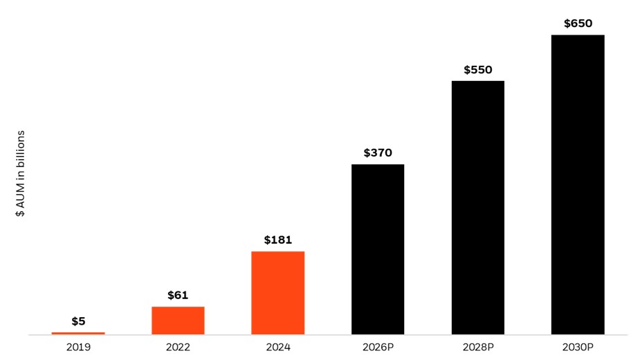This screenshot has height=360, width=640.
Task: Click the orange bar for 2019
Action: [x=78, y=333]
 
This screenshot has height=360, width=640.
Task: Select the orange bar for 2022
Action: [x=178, y=321]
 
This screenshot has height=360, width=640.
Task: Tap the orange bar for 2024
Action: [x=277, y=293]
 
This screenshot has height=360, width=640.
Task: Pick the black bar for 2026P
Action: [x=378, y=249]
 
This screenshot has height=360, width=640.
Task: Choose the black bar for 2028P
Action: [x=477, y=208]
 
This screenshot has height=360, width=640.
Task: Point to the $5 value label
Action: [x=78, y=321]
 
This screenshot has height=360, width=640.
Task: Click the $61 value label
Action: [x=178, y=295]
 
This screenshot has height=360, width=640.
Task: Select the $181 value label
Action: [x=277, y=240]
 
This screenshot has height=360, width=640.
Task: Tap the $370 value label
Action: [x=378, y=153]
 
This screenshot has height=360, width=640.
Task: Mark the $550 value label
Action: [x=477, y=70]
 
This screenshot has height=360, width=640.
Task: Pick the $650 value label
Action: [x=578, y=24]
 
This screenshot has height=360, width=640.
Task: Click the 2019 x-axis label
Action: [x=78, y=347]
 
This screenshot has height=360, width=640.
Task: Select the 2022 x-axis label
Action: [x=178, y=347]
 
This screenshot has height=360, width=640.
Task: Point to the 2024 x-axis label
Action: [x=277, y=347]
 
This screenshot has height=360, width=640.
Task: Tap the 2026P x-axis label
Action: [x=378, y=347]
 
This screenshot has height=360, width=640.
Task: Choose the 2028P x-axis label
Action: [x=477, y=347]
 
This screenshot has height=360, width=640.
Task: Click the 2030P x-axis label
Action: [x=578, y=347]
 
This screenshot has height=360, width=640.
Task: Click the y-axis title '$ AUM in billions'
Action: [x=21, y=173]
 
